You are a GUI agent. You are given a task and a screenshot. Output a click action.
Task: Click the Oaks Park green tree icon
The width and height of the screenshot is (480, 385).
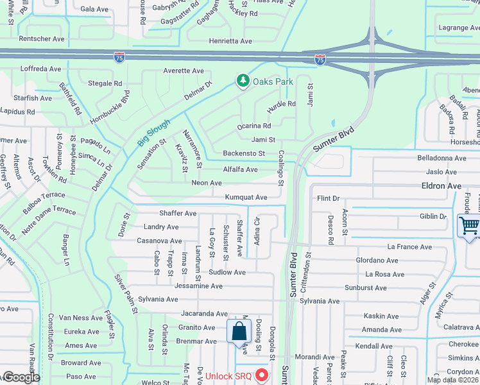(x=243, y=80)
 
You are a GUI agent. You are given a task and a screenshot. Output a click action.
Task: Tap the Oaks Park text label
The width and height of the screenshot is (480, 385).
(x=273, y=81)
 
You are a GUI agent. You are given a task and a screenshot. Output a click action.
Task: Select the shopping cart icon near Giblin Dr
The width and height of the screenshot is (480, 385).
(x=468, y=227)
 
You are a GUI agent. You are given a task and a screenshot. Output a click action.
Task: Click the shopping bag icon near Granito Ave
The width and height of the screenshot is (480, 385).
(x=238, y=332)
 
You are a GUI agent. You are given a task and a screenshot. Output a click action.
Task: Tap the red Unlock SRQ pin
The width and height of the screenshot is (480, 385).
(x=261, y=374)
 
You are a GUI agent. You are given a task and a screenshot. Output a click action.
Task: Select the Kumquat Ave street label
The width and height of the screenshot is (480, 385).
(x=246, y=198)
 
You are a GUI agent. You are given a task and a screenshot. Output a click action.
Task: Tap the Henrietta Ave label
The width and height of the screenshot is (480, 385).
(x=230, y=40)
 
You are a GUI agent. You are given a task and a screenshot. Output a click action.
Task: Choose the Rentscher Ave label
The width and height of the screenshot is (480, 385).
(x=42, y=39)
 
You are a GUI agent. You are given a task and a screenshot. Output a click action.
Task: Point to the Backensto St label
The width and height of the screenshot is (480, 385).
(x=244, y=153)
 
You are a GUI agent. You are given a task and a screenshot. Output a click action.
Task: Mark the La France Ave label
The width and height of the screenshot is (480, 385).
(x=408, y=246)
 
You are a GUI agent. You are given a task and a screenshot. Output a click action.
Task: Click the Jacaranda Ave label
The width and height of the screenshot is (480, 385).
(x=204, y=314)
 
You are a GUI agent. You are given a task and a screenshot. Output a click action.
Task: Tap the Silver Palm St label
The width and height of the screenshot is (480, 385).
(x=126, y=295)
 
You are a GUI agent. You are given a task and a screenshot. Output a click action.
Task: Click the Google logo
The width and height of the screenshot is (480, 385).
(x=21, y=377)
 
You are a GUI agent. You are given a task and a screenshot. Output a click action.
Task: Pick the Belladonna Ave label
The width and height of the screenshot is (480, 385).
(x=441, y=158)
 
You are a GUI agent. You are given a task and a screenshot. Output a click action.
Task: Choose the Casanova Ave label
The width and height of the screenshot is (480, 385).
(x=159, y=241)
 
